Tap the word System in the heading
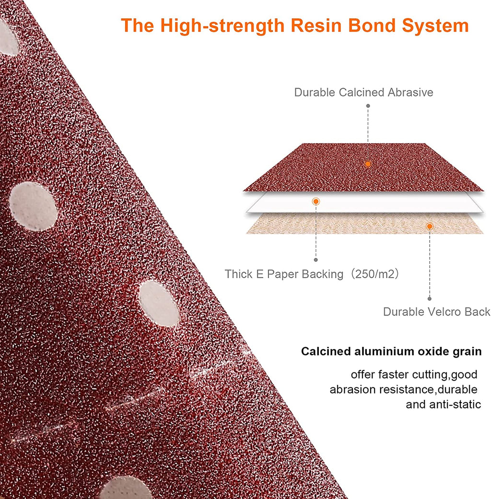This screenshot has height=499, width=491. pos(435,26)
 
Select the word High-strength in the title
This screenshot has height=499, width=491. pos(222,26)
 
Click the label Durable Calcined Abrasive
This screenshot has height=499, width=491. pos(363,93)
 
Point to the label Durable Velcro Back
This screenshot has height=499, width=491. pos(436,312)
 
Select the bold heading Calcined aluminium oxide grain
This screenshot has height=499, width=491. pos(391,351)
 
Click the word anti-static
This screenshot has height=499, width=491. pos(455,405)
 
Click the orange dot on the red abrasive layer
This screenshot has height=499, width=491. pos(368,164)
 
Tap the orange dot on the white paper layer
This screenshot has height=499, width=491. pos(316,201)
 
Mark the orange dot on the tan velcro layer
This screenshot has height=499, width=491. pos(430,226)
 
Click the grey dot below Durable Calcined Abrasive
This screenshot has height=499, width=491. pos(368,105)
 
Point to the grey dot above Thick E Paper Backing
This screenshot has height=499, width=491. pos(316,260)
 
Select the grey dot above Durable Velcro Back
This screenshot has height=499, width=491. pos(430,299)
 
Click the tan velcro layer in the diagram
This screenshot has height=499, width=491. pos(364,224)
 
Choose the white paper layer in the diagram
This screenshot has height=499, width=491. pos(364,202)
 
